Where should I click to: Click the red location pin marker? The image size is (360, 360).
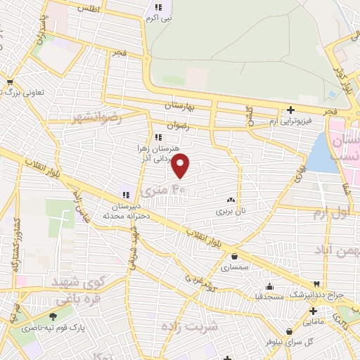pos(181,166)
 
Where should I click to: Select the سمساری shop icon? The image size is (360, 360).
pos(233,257)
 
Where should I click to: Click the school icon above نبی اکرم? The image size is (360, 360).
pos(158,8)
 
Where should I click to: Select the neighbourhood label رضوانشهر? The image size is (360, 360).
pos(97,117)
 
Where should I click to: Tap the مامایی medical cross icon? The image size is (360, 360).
pos(314,311)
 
